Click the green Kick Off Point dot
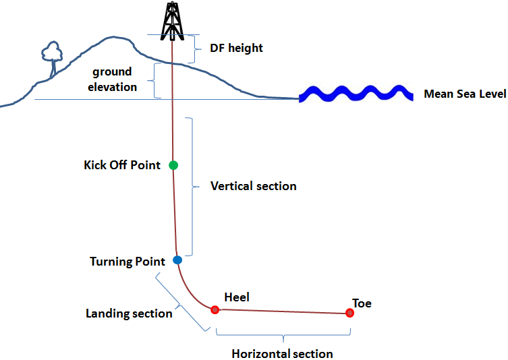173,165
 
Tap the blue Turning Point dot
177,260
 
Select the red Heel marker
215,310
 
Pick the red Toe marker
349,313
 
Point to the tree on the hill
51,57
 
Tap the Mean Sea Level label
464,94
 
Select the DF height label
236,49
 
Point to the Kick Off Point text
122,165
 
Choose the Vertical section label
253,186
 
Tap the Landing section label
129,313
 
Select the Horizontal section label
282,354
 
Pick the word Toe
362,303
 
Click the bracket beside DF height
196,49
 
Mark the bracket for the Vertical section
193,187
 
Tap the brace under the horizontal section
283,335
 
